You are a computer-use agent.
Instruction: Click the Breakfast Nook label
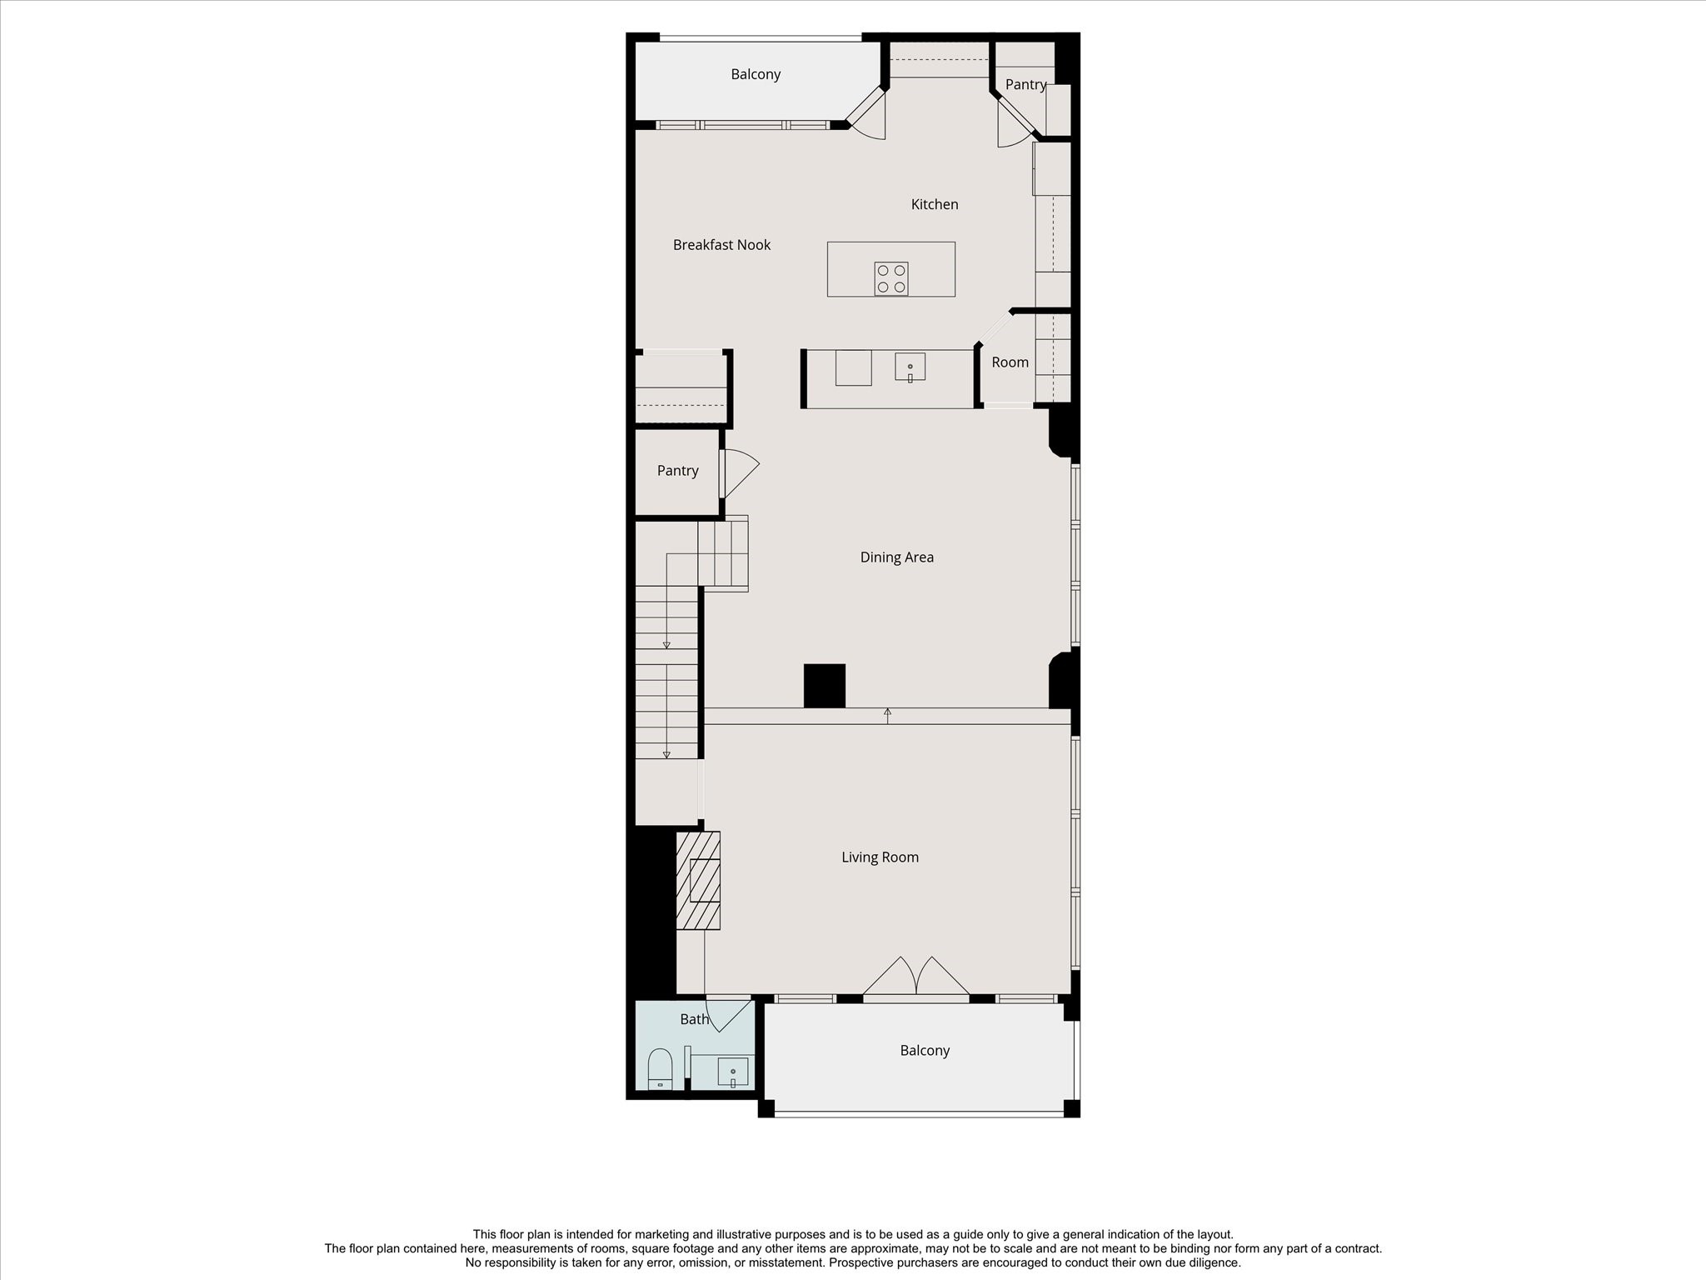pos(721,245)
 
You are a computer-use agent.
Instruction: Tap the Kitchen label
pos(934,204)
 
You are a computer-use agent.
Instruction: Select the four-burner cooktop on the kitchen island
pos(890,278)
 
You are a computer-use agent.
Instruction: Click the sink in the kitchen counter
pos(910,367)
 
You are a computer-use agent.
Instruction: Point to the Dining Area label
pos(896,557)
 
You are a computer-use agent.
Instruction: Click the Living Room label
pos(880,857)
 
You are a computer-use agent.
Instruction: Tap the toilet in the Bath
pos(660,1068)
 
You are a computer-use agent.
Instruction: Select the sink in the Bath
pos(732,1072)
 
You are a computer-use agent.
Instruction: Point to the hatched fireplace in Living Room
pos(698,880)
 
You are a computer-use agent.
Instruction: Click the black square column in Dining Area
pos(824,686)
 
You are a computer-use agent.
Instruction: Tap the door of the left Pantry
pos(739,474)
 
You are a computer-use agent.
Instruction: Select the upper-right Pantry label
pos(1025,85)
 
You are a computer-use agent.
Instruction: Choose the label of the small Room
pos(1010,362)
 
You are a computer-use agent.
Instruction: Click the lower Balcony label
pos(925,1051)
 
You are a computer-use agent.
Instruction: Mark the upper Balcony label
pos(756,75)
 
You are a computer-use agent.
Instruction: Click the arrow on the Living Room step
pos(887,714)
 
